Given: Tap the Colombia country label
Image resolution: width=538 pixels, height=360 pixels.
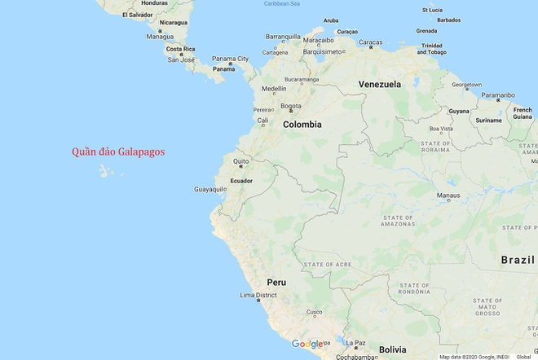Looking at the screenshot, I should click(302, 125).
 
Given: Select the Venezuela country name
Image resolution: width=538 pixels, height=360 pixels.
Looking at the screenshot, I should click(379, 84).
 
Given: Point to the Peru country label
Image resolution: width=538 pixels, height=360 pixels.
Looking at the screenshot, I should click(276, 282).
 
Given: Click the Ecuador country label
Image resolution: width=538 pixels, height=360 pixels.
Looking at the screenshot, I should click(241, 180).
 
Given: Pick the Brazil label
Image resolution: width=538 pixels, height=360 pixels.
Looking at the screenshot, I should click(517, 260).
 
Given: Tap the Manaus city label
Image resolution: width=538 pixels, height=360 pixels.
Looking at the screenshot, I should click(448, 195).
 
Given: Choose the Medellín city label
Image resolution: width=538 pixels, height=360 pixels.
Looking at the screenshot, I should click(274, 89).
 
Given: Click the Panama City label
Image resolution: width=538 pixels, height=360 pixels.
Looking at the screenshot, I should click(231, 59).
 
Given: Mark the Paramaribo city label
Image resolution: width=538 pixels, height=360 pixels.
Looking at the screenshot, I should click(498, 94).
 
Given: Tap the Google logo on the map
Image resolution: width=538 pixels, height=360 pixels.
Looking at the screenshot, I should click(307, 344).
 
